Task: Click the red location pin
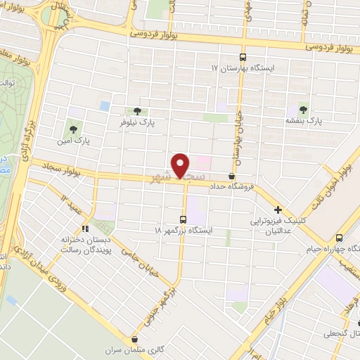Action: pos(181,165)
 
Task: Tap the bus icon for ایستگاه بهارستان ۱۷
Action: pos(243,58)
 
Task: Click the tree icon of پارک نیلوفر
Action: pos(137,111)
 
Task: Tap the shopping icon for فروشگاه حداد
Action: pos(232,176)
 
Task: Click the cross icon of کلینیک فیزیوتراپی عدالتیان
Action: pos(278,210)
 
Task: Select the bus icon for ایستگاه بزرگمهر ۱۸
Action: pos(184,219)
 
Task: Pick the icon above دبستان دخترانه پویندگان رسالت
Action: pos(85,228)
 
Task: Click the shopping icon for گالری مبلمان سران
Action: pos(134,339)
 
